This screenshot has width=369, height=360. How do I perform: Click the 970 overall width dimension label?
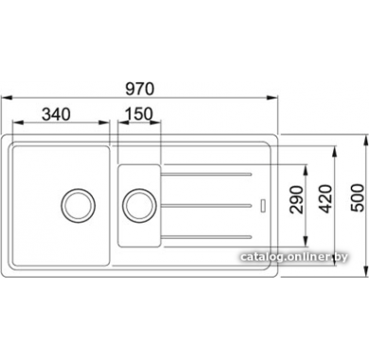[140, 89]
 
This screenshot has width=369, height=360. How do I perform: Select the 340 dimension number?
[57, 114]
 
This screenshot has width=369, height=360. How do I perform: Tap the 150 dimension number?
[139, 114]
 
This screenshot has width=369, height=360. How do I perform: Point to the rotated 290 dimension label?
[296, 200]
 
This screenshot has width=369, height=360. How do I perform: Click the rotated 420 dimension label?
[325, 199]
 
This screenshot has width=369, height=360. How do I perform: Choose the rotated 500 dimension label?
[357, 198]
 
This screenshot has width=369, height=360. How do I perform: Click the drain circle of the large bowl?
[78, 206]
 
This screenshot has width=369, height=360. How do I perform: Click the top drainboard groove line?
[206, 174]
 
